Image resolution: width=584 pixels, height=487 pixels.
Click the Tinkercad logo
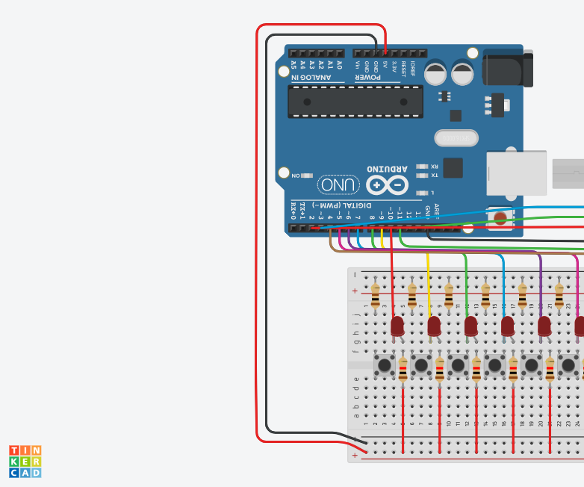[25, 462]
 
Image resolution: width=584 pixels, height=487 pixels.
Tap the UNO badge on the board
[338, 184]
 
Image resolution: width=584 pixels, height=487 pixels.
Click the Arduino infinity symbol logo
[387, 184]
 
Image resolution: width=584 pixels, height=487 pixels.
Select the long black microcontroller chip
[355, 102]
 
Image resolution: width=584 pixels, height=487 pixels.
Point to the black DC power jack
[507, 68]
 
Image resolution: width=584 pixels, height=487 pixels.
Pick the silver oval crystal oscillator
[456, 138]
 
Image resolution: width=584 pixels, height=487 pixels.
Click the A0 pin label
[339, 66]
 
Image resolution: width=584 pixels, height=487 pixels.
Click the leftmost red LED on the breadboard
[397, 326]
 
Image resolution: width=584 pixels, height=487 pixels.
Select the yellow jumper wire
[428, 276]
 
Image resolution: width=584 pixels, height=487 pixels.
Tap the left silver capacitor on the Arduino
[436, 73]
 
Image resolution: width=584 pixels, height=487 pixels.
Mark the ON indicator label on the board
[296, 175]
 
